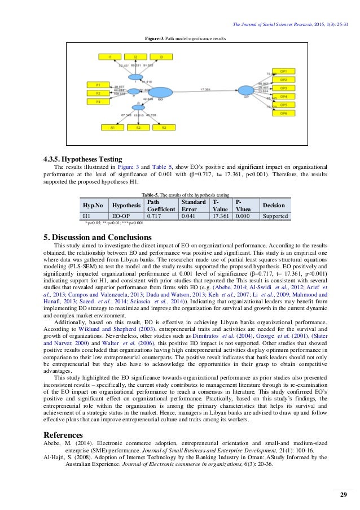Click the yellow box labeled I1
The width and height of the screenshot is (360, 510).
tap(111, 57)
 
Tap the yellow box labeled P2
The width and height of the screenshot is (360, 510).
tap(98, 93)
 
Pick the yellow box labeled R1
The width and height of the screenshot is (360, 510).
tap(113, 128)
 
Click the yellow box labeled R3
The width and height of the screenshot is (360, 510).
tap(164, 128)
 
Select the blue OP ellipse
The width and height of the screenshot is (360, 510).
tap(246, 90)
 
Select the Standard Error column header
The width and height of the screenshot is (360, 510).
tap(190, 205)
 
